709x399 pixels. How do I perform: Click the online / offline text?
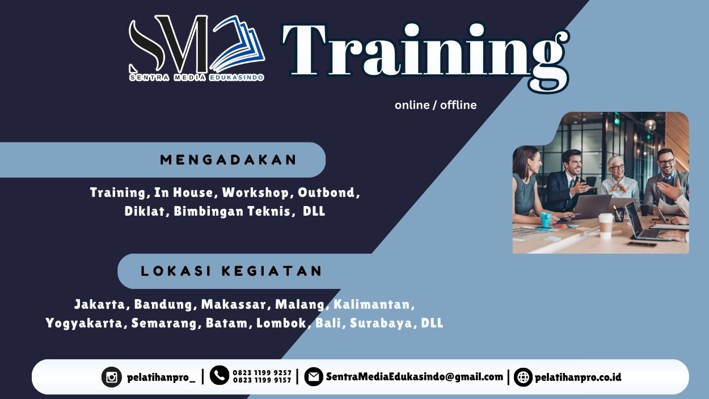pos(436,105)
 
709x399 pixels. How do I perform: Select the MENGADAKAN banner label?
pos(229,160)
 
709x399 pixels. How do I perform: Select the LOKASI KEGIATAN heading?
pos(232,271)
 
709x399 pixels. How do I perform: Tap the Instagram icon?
pos(112,377)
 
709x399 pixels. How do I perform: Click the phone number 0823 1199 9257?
pos(262,373)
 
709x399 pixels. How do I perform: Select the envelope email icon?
pos(313,377)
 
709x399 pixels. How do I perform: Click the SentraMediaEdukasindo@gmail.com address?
pos(414,377)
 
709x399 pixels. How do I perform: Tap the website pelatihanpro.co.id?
pos(578,377)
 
